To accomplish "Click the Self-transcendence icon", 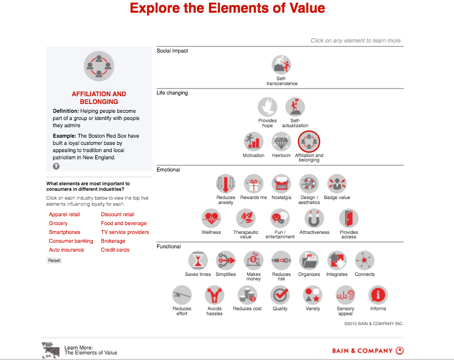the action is click(281, 65).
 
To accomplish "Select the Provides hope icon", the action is click(268, 107).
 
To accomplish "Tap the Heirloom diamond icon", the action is click(281, 142).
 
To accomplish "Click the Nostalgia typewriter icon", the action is click(281, 184).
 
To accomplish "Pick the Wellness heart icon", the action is click(211, 219).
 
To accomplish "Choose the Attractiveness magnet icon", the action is click(314, 219).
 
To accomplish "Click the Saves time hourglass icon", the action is click(198, 260).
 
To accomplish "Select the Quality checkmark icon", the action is click(280, 295).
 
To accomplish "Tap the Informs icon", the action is click(378, 295).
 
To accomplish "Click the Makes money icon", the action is click(253, 260).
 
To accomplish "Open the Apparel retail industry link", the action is click(64, 215).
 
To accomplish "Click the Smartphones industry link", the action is click(64, 232).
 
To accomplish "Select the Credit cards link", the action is click(115, 250).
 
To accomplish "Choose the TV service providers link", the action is click(125, 232).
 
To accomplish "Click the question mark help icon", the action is click(56, 166).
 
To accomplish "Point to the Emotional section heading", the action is click(168, 170).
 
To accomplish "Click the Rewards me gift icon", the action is click(254, 184).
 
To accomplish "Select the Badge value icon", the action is click(337, 184).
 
